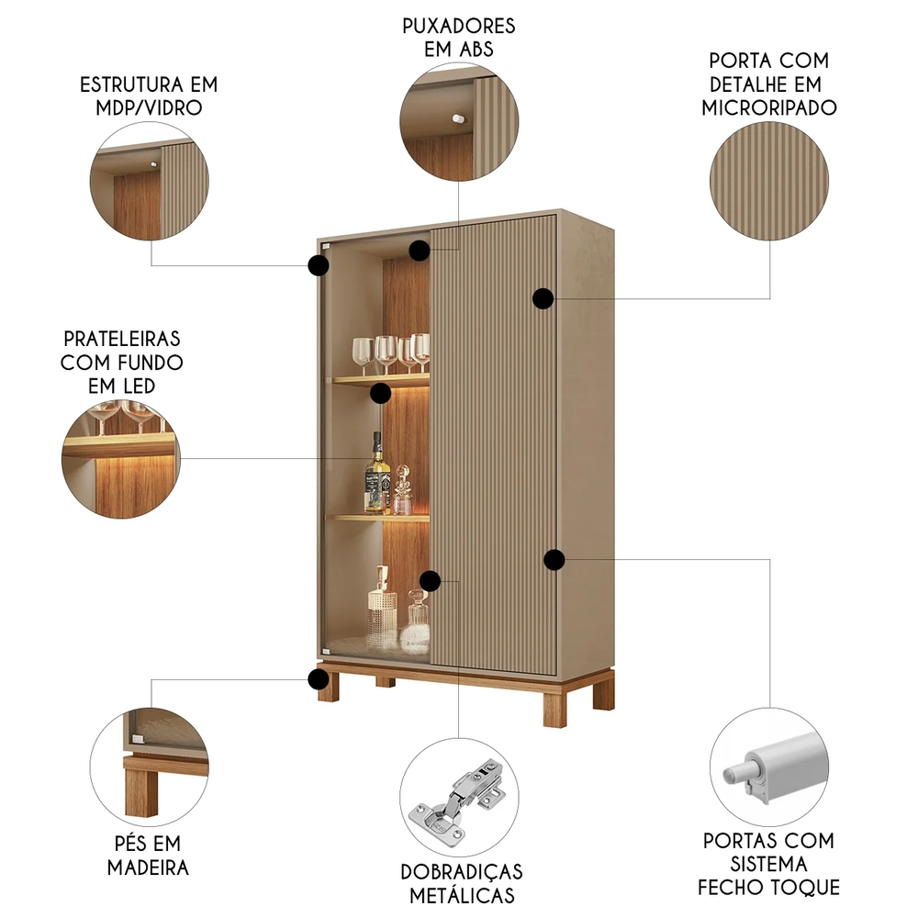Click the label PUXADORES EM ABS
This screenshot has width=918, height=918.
[x=458, y=37]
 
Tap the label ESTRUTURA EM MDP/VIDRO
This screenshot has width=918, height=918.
[x=149, y=95]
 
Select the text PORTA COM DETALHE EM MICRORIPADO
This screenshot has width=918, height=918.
[x=769, y=84]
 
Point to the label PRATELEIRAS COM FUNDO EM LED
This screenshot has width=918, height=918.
[x=122, y=362]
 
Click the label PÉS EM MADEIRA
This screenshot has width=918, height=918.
[x=148, y=855]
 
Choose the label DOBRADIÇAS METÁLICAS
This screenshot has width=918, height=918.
[x=462, y=882]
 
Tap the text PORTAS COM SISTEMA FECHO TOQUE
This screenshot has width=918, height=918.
[x=768, y=864]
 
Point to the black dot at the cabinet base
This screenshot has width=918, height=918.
[x=319, y=679]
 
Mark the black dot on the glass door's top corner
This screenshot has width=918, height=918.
[x=319, y=265]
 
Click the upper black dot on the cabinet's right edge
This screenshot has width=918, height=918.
[x=543, y=297]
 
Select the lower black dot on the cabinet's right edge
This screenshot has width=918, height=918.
[x=554, y=559]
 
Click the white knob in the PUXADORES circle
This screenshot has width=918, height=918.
[x=455, y=118]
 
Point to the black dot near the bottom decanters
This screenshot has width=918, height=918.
[x=430, y=580]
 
